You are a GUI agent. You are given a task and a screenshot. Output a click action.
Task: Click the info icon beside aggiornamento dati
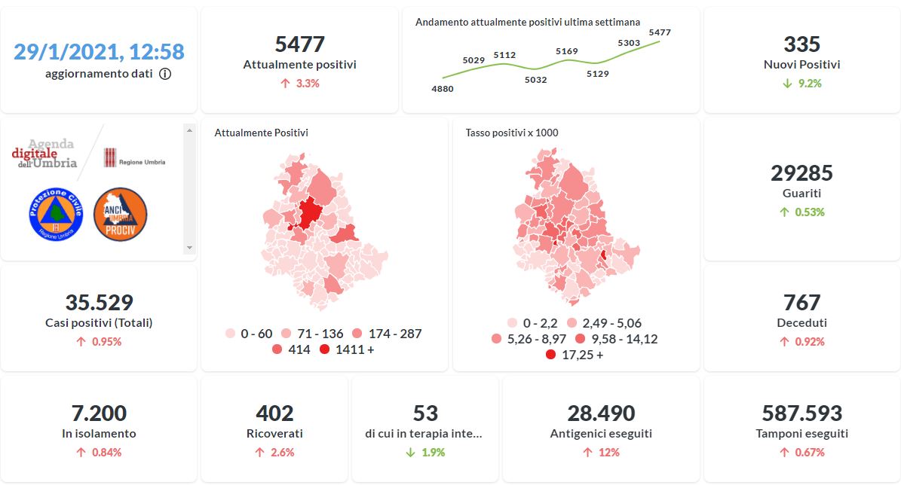165,74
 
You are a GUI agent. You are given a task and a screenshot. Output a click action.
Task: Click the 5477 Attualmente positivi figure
299,44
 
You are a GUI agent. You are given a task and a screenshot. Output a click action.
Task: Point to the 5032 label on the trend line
535,79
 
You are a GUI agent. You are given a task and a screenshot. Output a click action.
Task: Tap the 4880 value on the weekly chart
443,89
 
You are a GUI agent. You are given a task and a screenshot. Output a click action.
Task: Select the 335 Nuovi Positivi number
801,44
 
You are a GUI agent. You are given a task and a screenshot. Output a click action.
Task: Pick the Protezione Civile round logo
54,215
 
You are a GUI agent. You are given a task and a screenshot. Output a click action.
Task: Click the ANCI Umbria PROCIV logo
120,215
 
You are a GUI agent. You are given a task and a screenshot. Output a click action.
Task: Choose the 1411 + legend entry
346,349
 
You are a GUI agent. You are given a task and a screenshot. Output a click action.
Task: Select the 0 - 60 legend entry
248,334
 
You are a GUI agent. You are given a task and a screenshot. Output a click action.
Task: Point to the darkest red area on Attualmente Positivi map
309,213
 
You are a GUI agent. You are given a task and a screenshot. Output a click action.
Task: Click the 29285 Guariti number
801,173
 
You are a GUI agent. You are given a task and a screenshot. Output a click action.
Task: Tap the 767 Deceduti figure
801,303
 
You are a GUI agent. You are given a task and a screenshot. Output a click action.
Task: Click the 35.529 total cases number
99,303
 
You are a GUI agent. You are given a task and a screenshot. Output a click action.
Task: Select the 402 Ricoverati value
274,413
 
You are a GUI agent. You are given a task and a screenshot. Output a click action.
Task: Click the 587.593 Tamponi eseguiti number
801,413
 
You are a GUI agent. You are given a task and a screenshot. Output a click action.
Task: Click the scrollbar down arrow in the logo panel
189,248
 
